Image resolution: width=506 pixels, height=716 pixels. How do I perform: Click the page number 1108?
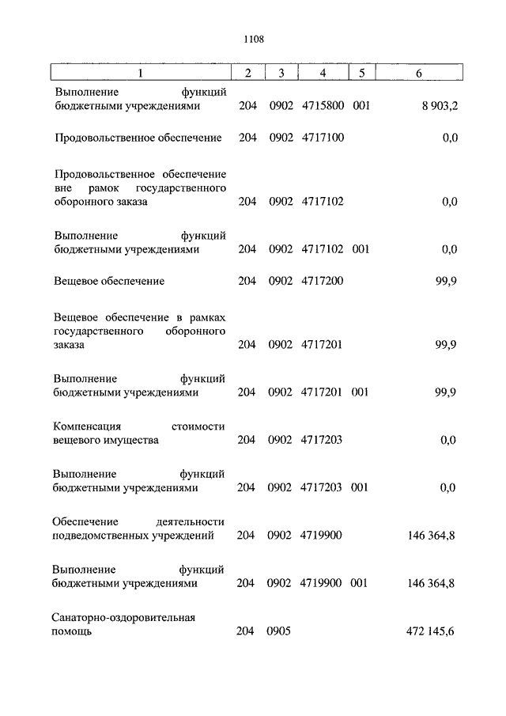[x=253, y=37]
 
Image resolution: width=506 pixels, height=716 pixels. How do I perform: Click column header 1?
[x=141, y=74]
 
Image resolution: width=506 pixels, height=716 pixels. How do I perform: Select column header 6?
[x=418, y=74]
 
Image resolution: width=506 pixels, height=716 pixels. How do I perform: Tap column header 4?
[x=323, y=74]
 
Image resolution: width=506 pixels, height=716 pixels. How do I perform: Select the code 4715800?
[x=323, y=105]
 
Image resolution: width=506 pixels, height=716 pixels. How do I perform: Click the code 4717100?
[x=323, y=138]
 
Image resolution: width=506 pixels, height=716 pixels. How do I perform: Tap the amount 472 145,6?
[x=430, y=631]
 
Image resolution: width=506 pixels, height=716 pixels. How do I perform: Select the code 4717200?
[x=323, y=281]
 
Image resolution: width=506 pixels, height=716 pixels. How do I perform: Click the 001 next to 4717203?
[x=359, y=487]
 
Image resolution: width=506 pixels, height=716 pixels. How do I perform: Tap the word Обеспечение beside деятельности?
[x=85, y=521]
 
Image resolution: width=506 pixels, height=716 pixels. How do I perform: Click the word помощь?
[x=73, y=631]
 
